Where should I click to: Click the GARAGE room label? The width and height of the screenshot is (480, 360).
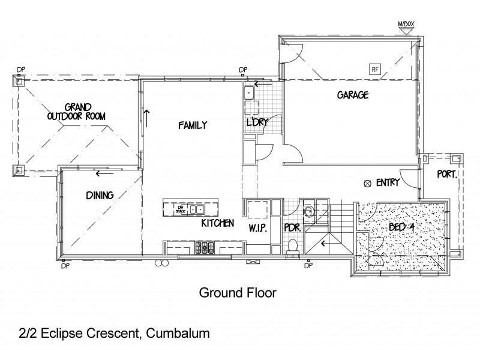(352, 95)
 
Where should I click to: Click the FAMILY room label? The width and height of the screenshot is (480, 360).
(192, 125)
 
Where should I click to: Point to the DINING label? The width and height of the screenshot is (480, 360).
(100, 194)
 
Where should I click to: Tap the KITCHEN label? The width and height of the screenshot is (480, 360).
(217, 223)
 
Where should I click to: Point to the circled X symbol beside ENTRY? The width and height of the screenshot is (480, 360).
(367, 183)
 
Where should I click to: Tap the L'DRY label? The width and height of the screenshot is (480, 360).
(257, 122)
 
